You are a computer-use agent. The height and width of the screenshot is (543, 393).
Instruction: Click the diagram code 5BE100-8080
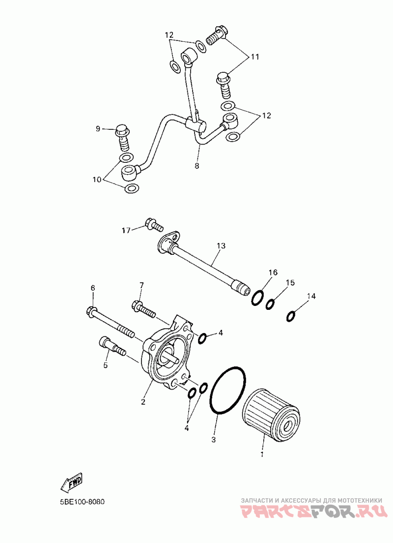point(79,503)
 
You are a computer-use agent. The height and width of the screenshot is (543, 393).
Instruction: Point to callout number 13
point(220,245)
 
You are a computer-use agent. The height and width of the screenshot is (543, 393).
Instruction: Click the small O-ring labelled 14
point(291,316)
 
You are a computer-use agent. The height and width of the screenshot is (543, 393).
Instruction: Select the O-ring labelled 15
point(271,304)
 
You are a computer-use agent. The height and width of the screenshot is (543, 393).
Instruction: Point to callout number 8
point(197,166)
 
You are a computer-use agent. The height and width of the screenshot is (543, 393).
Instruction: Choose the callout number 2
point(143,402)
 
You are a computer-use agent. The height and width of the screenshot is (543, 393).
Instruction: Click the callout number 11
point(255,57)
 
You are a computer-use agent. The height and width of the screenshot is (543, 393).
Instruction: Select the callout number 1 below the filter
point(262,453)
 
